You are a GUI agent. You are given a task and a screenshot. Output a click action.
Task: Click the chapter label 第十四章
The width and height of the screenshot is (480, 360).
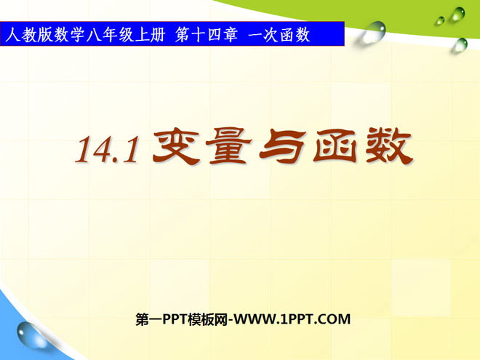pos(207,35)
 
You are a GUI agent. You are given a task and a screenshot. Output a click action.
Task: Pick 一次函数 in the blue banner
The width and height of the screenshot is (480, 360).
pos(279,35)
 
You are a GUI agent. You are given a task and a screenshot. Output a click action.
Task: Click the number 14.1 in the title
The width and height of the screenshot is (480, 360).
pos(107,149)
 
